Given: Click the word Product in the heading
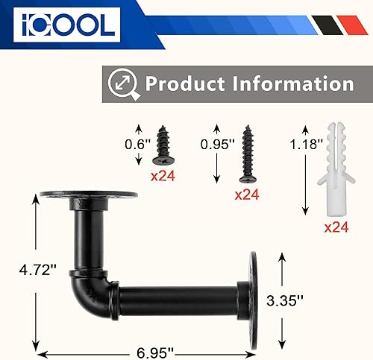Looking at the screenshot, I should [185, 83].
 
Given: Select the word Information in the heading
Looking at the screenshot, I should [290, 83].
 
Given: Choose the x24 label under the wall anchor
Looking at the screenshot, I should [336, 228].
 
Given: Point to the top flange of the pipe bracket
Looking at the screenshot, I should [98, 196].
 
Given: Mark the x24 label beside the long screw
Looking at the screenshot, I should [246, 195].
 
